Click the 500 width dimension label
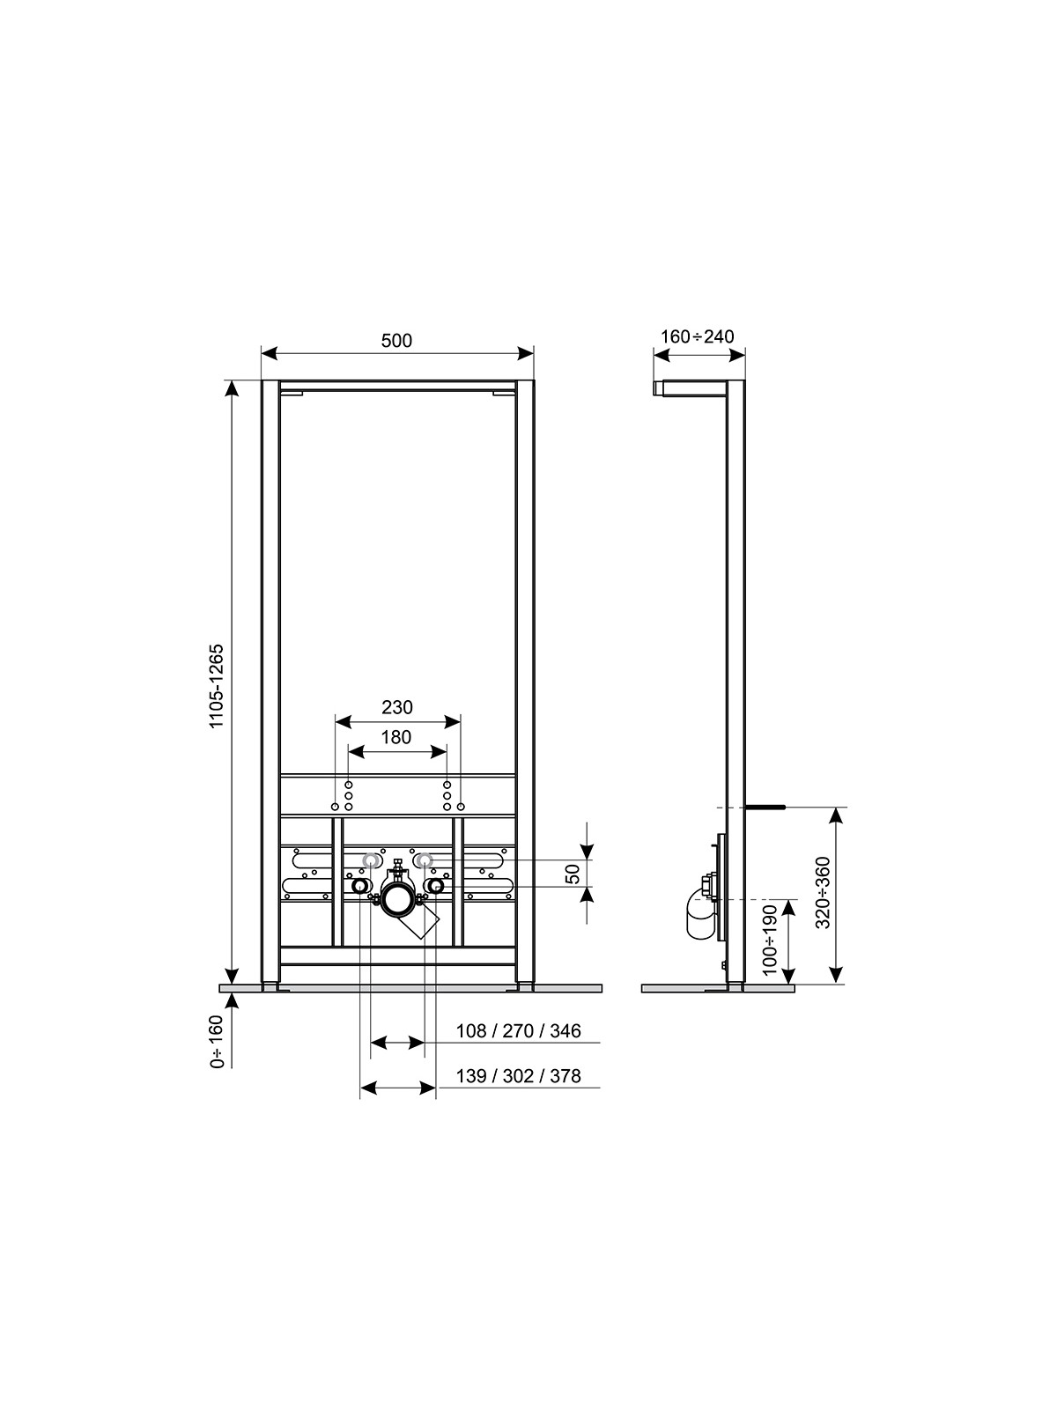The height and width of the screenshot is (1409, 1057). click(x=396, y=340)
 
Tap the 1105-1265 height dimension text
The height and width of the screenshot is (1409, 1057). click(x=217, y=685)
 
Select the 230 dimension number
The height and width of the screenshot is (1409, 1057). click(x=397, y=707)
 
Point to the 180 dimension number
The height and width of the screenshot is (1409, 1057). click(x=396, y=738)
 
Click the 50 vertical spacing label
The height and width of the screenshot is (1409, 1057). click(x=573, y=873)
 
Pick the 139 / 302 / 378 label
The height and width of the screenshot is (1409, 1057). click(x=519, y=1076)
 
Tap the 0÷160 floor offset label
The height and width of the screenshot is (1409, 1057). click(x=217, y=1051)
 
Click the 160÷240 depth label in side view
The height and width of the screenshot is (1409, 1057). click(x=698, y=336)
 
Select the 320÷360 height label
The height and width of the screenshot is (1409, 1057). click(x=823, y=892)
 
